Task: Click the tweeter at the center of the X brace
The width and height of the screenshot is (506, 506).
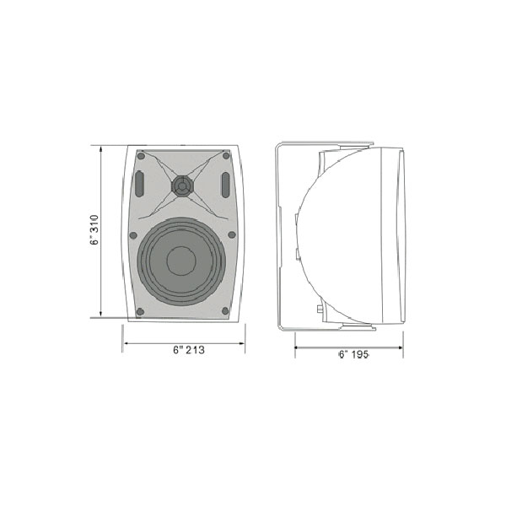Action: coord(182,186)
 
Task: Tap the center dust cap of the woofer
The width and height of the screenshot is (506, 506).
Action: coord(181,261)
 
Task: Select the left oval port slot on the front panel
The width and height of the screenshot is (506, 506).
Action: coord(139,184)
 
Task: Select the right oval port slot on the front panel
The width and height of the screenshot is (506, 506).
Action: coord(225,185)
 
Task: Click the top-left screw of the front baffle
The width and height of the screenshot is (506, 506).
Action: coord(141,156)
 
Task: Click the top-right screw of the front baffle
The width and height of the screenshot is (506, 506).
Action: coord(226,156)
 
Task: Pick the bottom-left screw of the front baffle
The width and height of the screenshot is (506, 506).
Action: coord(140,311)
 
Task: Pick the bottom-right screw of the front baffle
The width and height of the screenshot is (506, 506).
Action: coord(225,311)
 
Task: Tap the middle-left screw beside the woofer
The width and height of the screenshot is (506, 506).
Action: coord(133,235)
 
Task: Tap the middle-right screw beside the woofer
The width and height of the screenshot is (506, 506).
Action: coord(232,234)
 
